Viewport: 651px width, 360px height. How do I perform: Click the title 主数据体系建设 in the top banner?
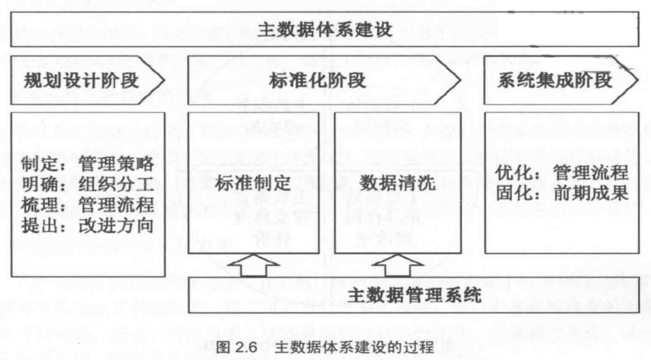click(x=325, y=29)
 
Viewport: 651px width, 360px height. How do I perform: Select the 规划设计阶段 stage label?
click(x=81, y=80)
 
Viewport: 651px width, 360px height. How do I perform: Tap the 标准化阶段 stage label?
click(x=317, y=80)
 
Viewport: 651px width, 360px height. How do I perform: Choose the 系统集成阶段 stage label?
click(x=555, y=80)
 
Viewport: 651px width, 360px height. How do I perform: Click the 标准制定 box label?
click(x=253, y=183)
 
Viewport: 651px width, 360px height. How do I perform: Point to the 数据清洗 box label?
click(x=397, y=183)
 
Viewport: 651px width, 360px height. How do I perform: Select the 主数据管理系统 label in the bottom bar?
click(x=414, y=295)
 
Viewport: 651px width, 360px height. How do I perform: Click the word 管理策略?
click(x=116, y=164)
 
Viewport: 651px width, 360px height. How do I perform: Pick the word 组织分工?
click(x=116, y=184)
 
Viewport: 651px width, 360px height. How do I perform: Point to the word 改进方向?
click(x=116, y=226)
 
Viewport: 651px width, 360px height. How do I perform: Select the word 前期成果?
click(x=591, y=193)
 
